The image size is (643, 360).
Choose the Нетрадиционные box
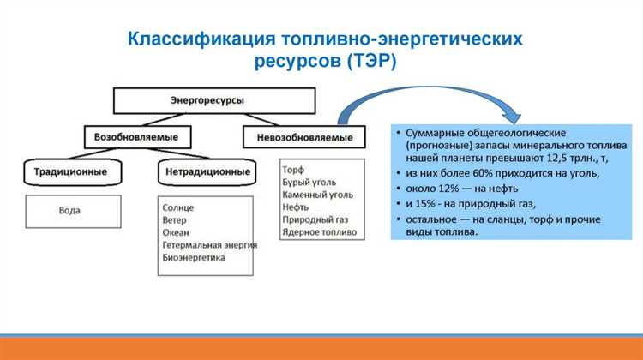[x=207, y=171]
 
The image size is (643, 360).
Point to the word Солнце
[x=177, y=208]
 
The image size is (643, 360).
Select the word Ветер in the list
[x=175, y=220]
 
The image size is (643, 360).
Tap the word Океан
[x=176, y=232]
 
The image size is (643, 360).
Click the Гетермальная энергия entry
[x=209, y=244]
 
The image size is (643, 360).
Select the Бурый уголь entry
[x=309, y=183]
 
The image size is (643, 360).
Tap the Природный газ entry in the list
[x=314, y=219]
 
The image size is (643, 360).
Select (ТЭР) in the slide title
[x=369, y=61]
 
